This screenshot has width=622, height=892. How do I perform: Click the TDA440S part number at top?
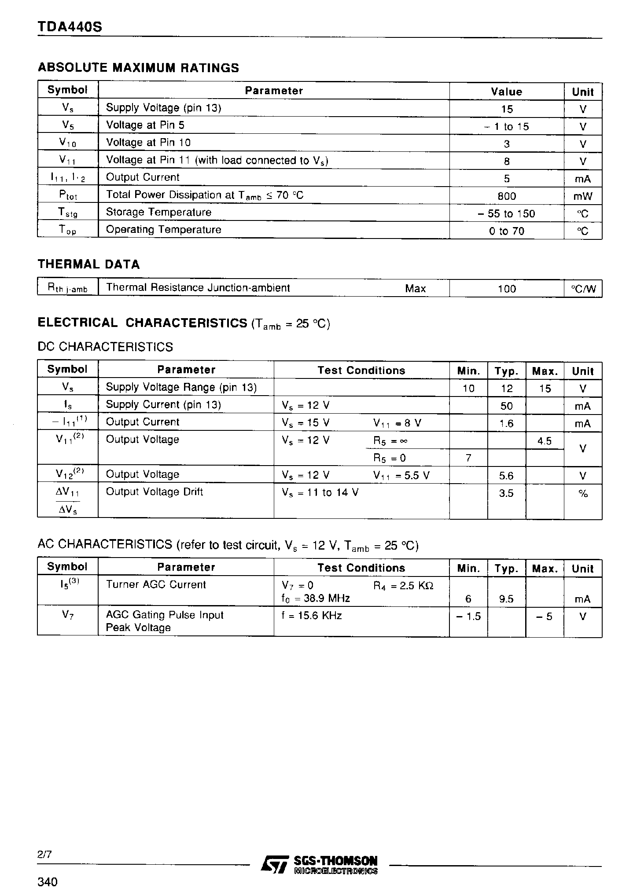(70, 27)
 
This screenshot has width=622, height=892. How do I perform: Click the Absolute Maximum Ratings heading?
(139, 68)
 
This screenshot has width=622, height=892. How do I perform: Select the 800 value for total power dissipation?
(507, 196)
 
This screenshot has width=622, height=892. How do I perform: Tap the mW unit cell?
(583, 196)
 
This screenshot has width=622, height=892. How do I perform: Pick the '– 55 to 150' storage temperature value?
(506, 214)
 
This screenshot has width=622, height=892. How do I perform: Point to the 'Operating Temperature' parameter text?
(163, 230)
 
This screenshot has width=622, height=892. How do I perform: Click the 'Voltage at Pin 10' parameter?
(148, 143)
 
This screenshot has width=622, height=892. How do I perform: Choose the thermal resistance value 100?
(507, 289)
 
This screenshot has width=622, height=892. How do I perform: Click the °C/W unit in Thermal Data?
(583, 289)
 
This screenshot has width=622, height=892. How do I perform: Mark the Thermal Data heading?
(88, 264)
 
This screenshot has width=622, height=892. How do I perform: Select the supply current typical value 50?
(507, 406)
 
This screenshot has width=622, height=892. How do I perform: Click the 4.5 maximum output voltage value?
(545, 441)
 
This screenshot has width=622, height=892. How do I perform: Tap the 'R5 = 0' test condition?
(390, 459)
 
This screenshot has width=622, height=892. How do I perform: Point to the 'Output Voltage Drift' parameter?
(155, 492)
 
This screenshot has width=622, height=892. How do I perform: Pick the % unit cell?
(583, 494)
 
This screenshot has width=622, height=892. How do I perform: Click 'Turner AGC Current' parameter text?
(156, 585)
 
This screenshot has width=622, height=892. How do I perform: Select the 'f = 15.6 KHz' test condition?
(312, 615)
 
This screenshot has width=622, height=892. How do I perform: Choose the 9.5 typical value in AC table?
(507, 599)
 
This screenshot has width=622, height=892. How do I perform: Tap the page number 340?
(48, 882)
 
